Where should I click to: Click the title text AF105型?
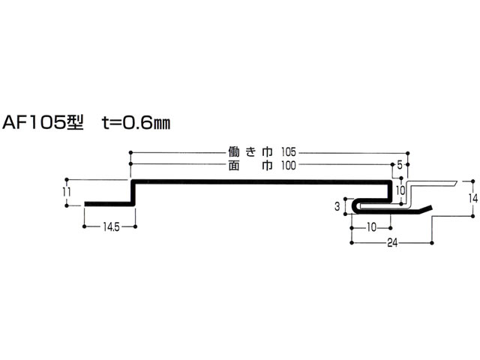coord(43,123)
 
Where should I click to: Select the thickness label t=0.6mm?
coord(136,123)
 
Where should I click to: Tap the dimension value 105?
coord(288,152)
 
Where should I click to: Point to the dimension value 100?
coord(288,166)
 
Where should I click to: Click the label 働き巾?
coord(250,152)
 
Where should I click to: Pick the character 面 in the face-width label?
coord(234,166)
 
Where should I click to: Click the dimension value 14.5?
coord(111,227)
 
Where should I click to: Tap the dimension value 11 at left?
coord(67,192)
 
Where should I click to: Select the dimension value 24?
coord(392,243)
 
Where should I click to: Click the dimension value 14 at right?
coord(473,199)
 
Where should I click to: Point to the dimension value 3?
coord(337,207)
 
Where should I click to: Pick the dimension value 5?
coord(400,165)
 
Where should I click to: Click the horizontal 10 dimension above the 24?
coord(371,227)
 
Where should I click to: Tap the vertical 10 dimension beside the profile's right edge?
coord(400,190)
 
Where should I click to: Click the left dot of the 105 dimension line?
coord(130,152)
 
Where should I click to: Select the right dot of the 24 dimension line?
coord(432,243)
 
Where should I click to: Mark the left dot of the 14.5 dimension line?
coord(84,226)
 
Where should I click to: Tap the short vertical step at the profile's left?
coord(133,193)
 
